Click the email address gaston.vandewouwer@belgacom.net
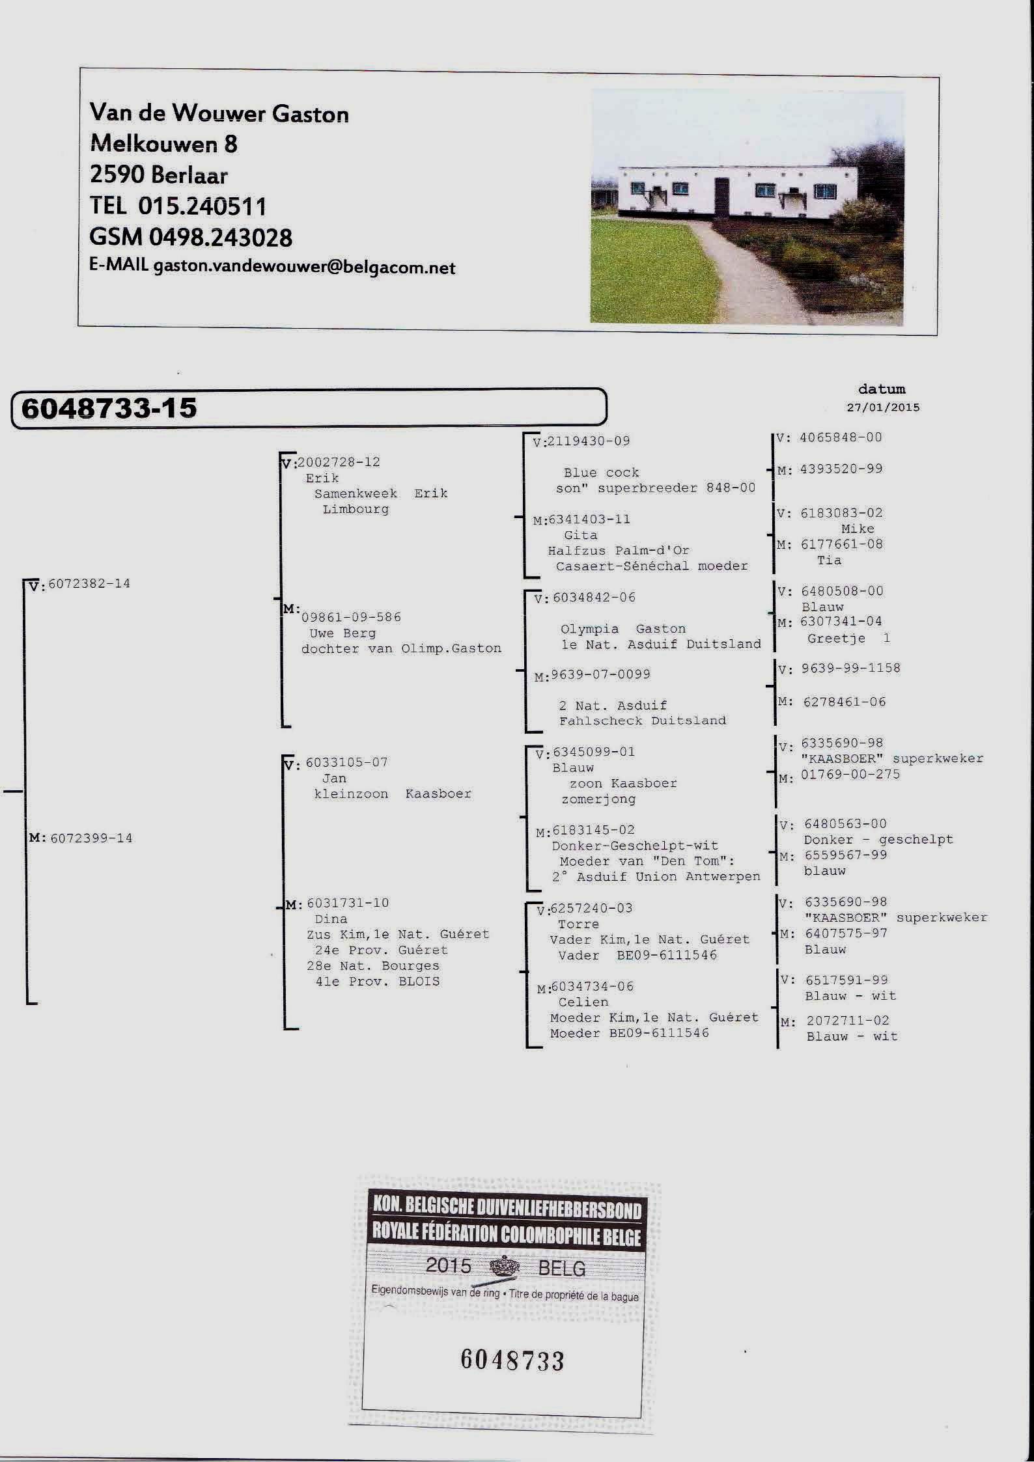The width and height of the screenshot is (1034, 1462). point(304,268)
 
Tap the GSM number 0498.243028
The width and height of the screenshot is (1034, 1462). point(221,238)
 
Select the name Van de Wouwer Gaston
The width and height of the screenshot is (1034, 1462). point(219,113)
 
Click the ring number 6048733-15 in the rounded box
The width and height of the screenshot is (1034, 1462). point(109,408)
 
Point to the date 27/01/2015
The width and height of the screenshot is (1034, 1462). point(883,407)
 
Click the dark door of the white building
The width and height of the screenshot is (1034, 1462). point(722,196)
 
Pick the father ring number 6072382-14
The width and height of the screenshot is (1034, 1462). point(89,583)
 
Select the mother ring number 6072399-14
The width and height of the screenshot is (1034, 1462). point(91,838)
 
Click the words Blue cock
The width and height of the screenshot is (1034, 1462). point(601,473)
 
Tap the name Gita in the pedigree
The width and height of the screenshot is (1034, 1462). point(581,535)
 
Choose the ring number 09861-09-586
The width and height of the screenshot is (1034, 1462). point(351,617)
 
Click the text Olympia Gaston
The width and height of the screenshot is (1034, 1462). point(623,629)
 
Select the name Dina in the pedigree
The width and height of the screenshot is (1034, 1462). point(331,919)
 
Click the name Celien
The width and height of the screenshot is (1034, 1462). point(583,1002)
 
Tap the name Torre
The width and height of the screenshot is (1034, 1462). point(578,924)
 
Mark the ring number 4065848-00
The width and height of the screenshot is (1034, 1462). point(841,437)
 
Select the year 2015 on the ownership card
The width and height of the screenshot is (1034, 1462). point(448,1265)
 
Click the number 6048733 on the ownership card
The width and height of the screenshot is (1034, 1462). point(512,1360)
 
